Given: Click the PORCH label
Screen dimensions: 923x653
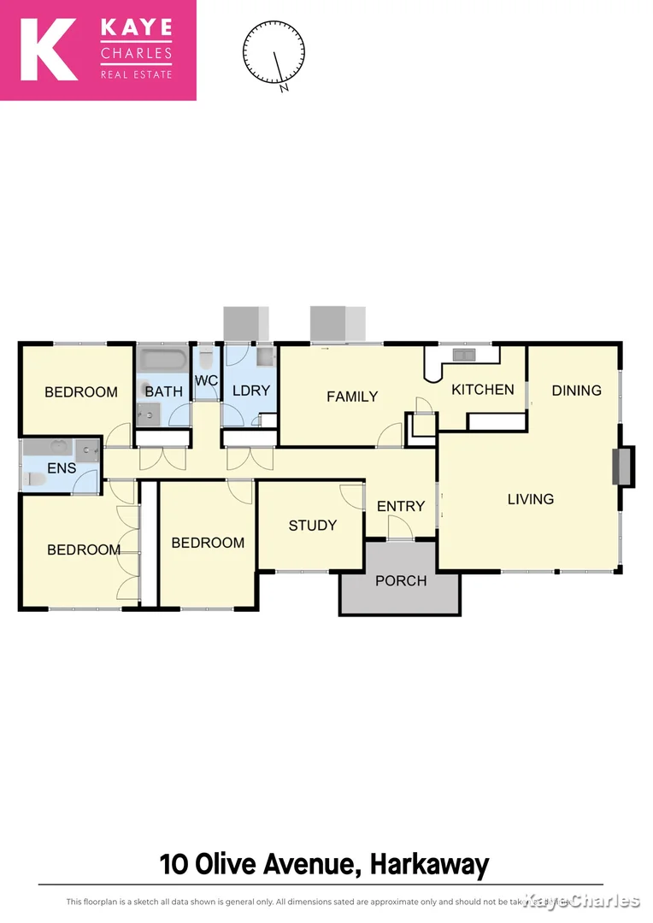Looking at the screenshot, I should pyautogui.click(x=401, y=581).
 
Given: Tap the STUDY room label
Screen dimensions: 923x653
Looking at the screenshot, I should pyautogui.click(x=312, y=526).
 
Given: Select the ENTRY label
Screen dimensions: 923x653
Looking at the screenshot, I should pyautogui.click(x=401, y=506).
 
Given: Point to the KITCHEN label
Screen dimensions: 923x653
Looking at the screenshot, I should pyautogui.click(x=483, y=390).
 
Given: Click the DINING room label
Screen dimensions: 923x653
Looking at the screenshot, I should pyautogui.click(x=576, y=391).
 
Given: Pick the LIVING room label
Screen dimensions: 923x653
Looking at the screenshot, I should pyautogui.click(x=531, y=499).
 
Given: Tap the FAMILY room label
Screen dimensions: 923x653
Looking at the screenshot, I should pyautogui.click(x=352, y=397).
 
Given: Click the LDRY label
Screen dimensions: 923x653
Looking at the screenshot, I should pyautogui.click(x=251, y=391).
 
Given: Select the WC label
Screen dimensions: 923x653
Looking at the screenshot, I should pyautogui.click(x=206, y=380).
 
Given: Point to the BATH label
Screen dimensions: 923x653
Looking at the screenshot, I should pyautogui.click(x=164, y=392).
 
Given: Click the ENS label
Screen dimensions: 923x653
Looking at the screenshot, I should pyautogui.click(x=62, y=468).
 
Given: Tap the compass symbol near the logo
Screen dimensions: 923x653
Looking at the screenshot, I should pyautogui.click(x=274, y=53).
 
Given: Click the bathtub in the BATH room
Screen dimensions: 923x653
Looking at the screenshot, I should pyautogui.click(x=163, y=359).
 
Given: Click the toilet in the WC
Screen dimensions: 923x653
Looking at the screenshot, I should pyautogui.click(x=206, y=356).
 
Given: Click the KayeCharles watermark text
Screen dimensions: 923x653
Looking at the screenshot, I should pyautogui.click(x=581, y=901).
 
